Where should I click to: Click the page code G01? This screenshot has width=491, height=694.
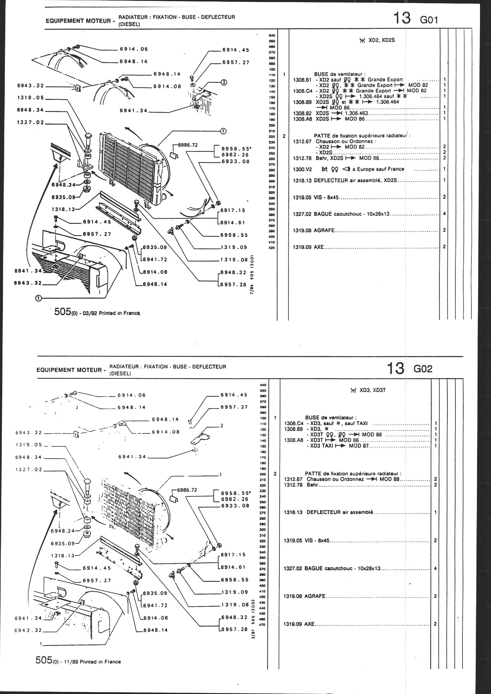429,20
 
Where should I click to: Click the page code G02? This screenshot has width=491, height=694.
423,369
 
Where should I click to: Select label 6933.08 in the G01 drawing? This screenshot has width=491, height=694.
235,161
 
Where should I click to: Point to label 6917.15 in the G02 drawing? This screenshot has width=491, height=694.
233,555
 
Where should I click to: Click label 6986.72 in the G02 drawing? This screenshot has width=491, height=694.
187,490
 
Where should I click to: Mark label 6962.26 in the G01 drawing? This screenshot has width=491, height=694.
235,155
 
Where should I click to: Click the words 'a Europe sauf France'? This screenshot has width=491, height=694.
381,169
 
